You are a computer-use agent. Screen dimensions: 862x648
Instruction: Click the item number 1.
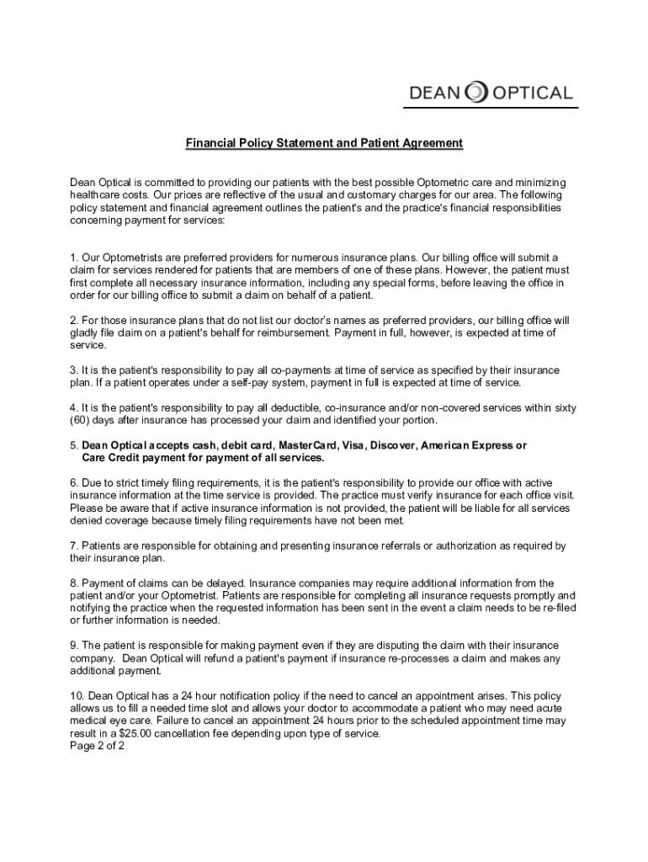74,257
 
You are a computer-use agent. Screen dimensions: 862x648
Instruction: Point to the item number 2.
74,321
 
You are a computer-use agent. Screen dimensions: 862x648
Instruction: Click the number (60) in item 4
82,420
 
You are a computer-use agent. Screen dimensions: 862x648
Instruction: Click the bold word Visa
353,445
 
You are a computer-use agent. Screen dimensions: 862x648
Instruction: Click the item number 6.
74,482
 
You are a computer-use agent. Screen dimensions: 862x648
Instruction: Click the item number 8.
74,583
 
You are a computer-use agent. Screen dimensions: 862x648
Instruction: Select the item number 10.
77,696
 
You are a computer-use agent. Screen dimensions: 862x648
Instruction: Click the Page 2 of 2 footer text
98,746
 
